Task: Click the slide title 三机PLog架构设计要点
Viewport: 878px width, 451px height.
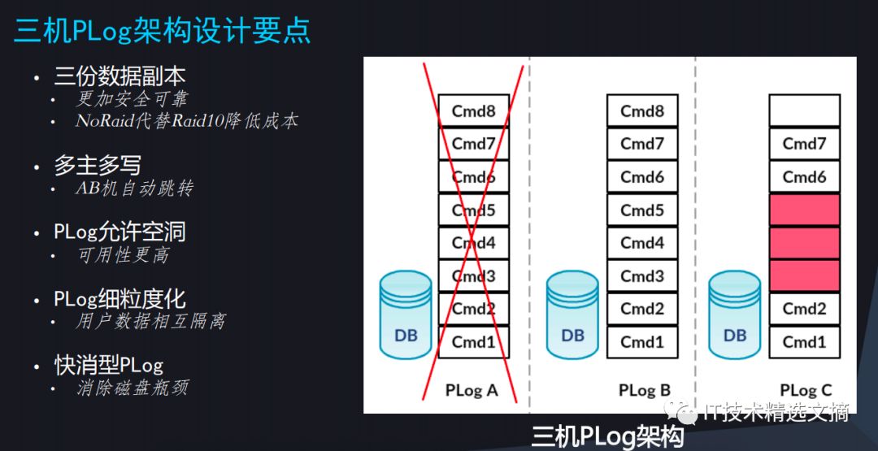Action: (x=162, y=31)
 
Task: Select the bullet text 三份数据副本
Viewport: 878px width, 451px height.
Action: (x=120, y=76)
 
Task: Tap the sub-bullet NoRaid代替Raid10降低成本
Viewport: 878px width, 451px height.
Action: (x=186, y=121)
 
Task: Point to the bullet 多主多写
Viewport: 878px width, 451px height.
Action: (x=97, y=166)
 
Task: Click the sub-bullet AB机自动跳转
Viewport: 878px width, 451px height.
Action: (x=134, y=189)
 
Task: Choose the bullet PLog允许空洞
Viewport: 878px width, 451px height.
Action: (x=120, y=232)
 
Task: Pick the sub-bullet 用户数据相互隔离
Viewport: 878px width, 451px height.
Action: (x=150, y=321)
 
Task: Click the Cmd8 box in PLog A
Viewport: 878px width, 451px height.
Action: (x=473, y=111)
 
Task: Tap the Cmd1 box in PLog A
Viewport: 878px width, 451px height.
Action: (x=473, y=341)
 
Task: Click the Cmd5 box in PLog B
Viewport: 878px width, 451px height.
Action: (x=642, y=210)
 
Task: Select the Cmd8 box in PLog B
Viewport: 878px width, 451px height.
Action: (x=642, y=111)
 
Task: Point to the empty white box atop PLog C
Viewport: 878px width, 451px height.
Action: (x=804, y=111)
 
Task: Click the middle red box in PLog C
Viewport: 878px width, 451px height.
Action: (x=804, y=243)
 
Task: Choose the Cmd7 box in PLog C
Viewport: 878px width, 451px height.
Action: (x=804, y=144)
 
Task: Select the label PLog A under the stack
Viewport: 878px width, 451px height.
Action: (x=472, y=390)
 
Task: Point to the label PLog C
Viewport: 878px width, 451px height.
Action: (x=806, y=390)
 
